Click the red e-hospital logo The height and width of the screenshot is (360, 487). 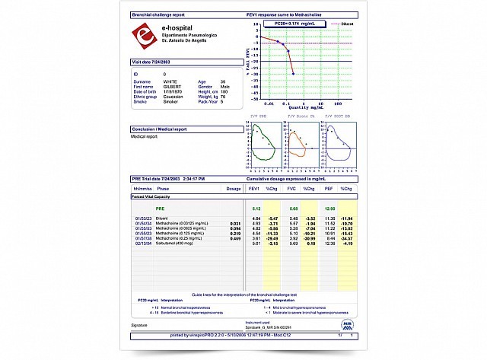click(144, 36)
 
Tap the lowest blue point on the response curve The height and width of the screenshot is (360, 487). click(294, 73)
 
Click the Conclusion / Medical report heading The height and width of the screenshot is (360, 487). click(164, 129)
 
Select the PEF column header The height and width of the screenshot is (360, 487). click(329, 187)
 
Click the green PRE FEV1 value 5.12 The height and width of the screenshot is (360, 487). click(256, 208)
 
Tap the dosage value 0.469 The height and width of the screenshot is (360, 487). click(235, 239)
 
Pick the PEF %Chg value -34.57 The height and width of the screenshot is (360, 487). click(347, 239)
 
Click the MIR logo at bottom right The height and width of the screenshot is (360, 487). click(348, 323)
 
